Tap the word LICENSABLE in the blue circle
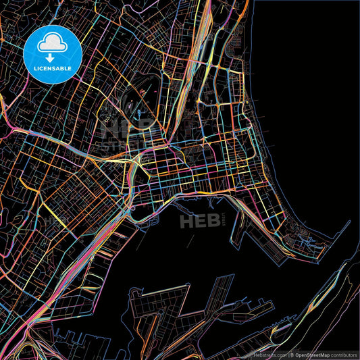[53, 68]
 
